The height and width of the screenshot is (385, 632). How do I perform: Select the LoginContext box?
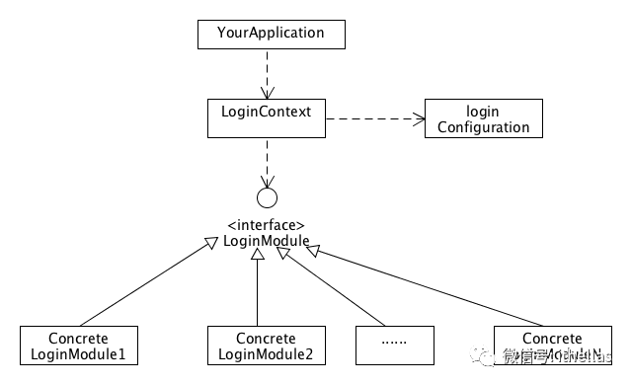coord(267,117)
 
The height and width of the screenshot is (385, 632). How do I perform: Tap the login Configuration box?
coord(483,117)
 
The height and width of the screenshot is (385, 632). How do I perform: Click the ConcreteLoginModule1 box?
coord(79,345)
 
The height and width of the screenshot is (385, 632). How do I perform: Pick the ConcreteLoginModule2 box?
coord(267,345)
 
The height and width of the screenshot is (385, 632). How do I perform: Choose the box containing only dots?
coord(395,345)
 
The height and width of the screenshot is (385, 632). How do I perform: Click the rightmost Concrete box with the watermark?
coord(552,345)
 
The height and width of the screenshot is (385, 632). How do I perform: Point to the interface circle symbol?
coord(267,195)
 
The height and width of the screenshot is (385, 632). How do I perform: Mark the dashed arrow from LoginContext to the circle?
coord(267,160)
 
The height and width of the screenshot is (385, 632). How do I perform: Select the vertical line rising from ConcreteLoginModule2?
coord(258,291)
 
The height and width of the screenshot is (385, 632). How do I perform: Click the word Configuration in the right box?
coord(483,127)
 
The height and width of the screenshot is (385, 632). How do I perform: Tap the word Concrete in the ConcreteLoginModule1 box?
coord(79,338)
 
